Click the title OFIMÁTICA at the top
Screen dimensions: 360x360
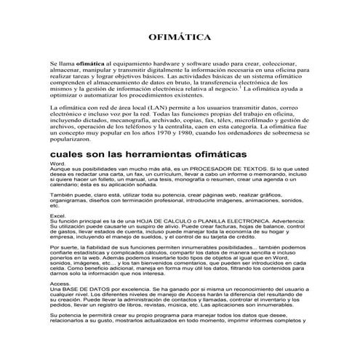179,35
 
